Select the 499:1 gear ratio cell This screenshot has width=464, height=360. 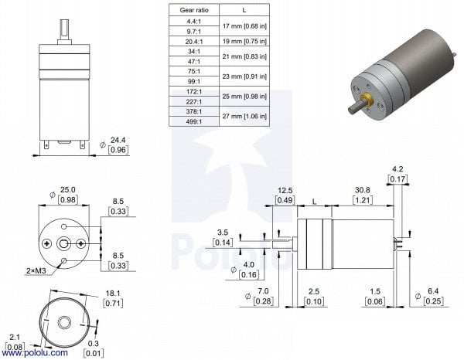coord(193,121)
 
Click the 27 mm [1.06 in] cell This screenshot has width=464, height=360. coord(245,115)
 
